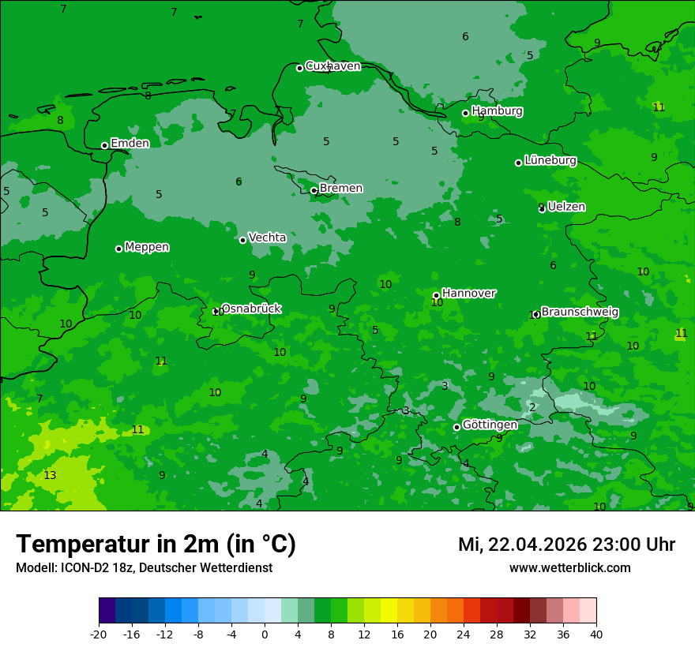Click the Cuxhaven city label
(x=332, y=66)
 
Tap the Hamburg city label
(x=497, y=111)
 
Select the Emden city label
(x=130, y=144)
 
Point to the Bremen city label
(x=341, y=189)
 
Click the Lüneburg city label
(x=550, y=160)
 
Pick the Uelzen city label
(x=566, y=207)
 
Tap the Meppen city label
(x=147, y=247)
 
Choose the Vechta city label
(x=267, y=238)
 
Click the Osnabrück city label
(x=251, y=309)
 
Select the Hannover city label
(x=469, y=294)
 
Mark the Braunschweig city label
(x=580, y=313)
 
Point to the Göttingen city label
(x=490, y=425)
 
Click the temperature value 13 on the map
(x=50, y=475)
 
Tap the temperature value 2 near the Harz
(x=532, y=407)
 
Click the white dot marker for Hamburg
(x=465, y=113)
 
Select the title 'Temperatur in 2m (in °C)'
(x=156, y=544)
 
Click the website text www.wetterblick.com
(x=569, y=567)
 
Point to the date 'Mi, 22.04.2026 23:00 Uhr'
(x=565, y=545)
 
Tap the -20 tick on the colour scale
(x=99, y=634)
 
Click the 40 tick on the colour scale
(x=596, y=634)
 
